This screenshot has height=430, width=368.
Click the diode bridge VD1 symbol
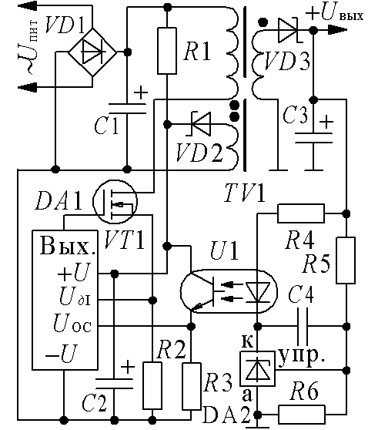(x=92, y=52)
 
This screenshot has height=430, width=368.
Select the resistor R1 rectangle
(x=166, y=51)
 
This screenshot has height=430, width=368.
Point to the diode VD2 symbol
(x=199, y=123)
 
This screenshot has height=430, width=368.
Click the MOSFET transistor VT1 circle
(x=115, y=202)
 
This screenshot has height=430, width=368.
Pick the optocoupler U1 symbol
(x=229, y=291)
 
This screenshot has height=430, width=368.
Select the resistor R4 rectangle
(x=301, y=213)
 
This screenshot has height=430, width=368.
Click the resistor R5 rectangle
(x=346, y=260)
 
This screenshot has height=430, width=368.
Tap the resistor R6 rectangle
(x=302, y=415)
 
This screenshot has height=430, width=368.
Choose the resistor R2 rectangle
(x=152, y=385)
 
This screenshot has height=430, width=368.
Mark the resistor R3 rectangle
(x=192, y=386)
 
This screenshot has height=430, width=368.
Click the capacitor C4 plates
(x=303, y=326)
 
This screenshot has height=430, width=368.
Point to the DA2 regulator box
(x=257, y=369)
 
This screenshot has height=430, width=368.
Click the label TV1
(x=245, y=193)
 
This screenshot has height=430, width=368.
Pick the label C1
(x=107, y=126)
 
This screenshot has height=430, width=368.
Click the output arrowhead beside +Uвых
(x=338, y=30)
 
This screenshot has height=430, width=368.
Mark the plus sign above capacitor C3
(x=326, y=122)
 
